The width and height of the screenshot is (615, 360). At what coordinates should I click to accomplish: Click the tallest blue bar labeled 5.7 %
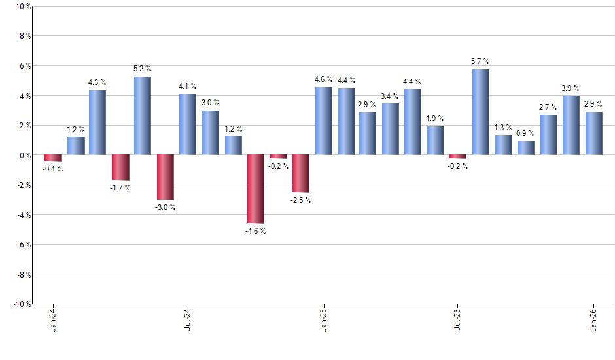pyautogui.click(x=481, y=112)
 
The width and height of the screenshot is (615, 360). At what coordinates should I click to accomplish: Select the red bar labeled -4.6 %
pyautogui.click(x=255, y=189)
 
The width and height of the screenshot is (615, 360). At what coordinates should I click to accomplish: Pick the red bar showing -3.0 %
pyautogui.click(x=166, y=177)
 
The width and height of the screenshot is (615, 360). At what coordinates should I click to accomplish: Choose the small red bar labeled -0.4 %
pyautogui.click(x=53, y=158)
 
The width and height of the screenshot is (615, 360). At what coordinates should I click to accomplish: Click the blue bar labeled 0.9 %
pyautogui.click(x=526, y=148)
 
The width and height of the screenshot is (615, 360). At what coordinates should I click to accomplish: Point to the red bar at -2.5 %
pyautogui.click(x=301, y=173)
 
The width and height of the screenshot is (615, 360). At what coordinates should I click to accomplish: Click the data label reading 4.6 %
pyautogui.click(x=323, y=79)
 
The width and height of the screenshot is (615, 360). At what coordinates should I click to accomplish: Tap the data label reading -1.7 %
pyautogui.click(x=120, y=188)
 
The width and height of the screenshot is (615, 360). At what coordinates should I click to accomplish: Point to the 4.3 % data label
pyautogui.click(x=97, y=82)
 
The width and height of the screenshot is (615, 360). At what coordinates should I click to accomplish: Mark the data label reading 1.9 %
pyautogui.click(x=436, y=118)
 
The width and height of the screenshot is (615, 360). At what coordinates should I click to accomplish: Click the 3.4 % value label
pyautogui.click(x=391, y=96)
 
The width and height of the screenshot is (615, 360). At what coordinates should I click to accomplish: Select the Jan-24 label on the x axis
pyautogui.click(x=53, y=320)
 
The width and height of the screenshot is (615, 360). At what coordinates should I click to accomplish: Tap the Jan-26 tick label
pyautogui.click(x=593, y=320)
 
